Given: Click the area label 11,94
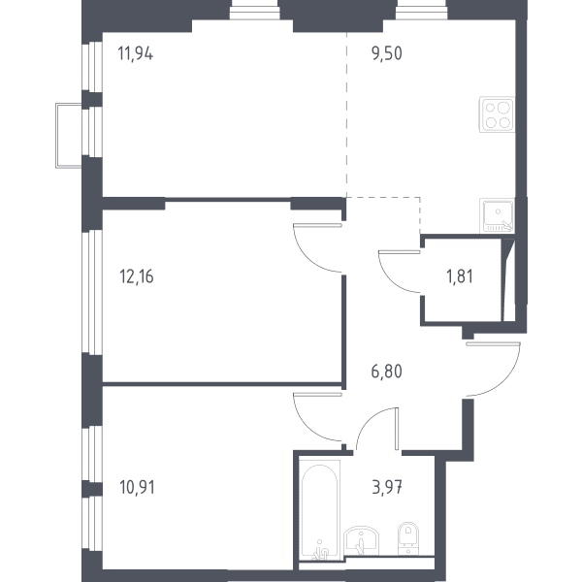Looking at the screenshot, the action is coord(135,53).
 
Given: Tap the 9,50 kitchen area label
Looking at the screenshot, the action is coord(386,53).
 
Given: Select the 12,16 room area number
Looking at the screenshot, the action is coord(136,276).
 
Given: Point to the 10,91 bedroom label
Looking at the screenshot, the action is coord(137,487).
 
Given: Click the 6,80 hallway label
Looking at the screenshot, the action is coord(386,372).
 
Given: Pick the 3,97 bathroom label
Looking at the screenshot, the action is coord(387,487).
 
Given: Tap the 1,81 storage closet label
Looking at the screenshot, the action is coord(460,276).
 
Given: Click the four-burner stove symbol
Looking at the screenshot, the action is coord(497,114).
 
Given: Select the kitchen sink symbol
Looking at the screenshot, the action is coord(497,215).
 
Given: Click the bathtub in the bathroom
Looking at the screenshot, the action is coord(319,508).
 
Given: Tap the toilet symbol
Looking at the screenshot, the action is coord(408,538).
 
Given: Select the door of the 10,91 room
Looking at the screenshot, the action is coord(318,416).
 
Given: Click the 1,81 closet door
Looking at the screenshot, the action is coord(400,272).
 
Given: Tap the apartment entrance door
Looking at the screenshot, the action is coord(494,370).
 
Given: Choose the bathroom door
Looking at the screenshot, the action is coord(377,429).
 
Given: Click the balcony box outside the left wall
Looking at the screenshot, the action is coord(69,136).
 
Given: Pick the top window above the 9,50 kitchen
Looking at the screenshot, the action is coord(421,10).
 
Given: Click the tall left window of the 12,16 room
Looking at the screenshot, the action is coord(92,291).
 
